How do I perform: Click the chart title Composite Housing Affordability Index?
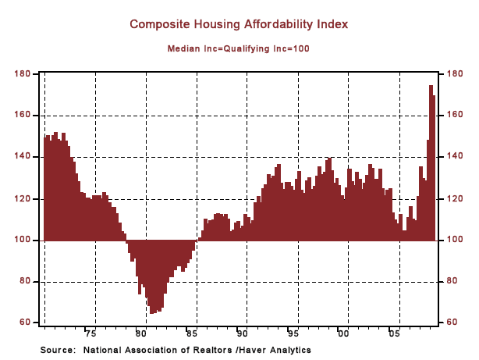click(239, 24)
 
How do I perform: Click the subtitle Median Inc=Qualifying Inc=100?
click(239, 48)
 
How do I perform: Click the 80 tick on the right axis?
click(455, 281)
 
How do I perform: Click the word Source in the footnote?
click(57, 350)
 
